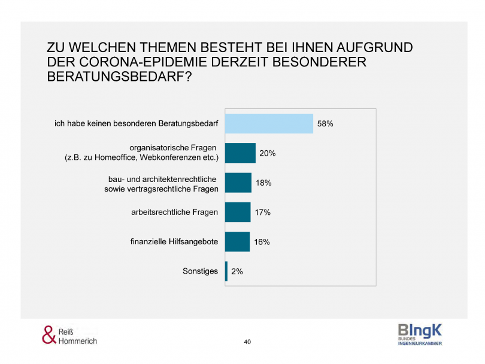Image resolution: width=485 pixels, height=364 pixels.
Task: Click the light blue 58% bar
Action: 269,123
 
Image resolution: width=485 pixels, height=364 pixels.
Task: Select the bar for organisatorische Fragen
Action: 240,153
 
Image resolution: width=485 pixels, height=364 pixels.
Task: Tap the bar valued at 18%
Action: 238,183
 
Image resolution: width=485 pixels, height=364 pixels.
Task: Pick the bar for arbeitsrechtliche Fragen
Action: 238,212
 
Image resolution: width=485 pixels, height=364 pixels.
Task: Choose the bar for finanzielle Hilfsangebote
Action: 237,241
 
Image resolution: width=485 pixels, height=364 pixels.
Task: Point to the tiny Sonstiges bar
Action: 226,271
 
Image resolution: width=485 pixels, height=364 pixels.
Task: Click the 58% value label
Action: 325,124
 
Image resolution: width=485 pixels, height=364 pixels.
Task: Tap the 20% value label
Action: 267,153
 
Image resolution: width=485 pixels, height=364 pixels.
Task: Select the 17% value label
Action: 263,213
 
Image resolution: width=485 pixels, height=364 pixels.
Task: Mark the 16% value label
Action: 262,242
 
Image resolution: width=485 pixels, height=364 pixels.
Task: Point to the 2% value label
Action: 237,271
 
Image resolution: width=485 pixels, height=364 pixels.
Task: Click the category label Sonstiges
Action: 200,271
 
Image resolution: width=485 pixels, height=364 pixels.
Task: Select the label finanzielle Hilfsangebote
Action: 174,242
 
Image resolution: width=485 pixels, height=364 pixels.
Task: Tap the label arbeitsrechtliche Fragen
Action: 174,213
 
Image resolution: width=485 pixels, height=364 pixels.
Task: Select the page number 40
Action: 247,342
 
